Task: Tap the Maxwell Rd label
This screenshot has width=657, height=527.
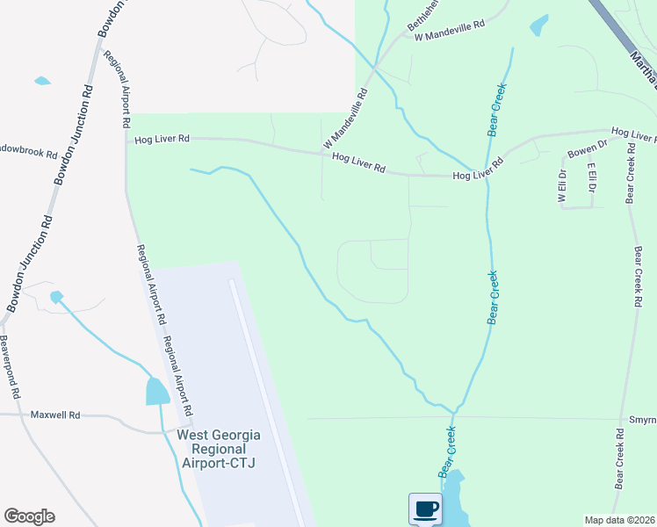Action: point(55,415)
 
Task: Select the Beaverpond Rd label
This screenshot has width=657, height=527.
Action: point(10,368)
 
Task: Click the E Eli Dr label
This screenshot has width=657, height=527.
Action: point(592,178)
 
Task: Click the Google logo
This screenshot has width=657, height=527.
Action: point(29,516)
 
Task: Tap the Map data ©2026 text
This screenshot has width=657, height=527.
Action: point(619,520)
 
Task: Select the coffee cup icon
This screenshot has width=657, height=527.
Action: point(425,509)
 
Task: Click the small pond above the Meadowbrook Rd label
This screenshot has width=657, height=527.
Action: point(42,82)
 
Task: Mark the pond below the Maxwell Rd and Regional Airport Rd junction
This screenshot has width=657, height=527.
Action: point(157,392)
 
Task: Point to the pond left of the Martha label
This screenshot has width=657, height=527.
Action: point(538,25)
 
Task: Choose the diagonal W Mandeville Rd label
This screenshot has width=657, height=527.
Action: point(344,118)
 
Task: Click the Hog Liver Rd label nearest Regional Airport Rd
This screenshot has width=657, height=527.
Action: point(162,139)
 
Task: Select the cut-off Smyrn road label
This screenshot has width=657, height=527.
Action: point(642,420)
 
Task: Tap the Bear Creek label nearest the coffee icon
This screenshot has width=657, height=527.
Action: point(446,451)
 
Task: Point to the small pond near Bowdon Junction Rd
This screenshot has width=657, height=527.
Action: point(57,297)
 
